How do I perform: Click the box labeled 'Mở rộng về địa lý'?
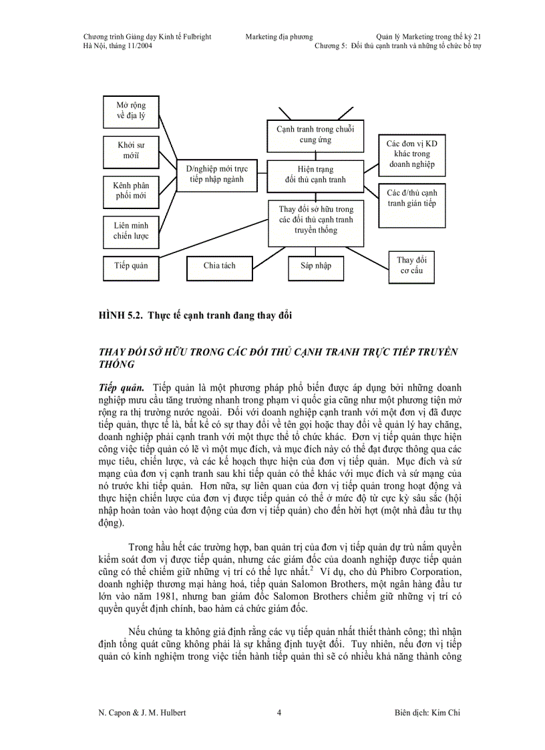pos(131,112)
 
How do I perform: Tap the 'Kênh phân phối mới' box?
pos(131,190)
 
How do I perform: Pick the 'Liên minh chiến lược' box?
pos(131,230)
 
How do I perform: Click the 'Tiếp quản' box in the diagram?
pos(131,266)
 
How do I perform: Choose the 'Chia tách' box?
pos(219,266)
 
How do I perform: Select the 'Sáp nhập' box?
pos(311,266)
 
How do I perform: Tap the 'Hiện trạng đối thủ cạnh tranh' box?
pos(315,174)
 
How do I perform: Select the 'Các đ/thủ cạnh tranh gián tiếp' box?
pos(412,198)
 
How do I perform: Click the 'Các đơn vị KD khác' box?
pos(412,154)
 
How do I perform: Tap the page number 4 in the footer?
pos(279,713)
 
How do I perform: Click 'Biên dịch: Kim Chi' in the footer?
pos(427,713)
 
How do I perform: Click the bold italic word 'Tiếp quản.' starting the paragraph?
pos(121,388)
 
